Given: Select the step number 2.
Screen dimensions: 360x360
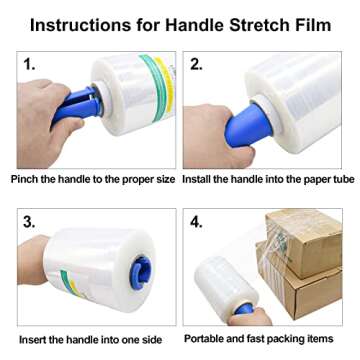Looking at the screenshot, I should [197, 64].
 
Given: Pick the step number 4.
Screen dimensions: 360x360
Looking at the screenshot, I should [198, 221].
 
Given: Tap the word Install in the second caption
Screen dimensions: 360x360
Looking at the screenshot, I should [201, 179].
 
